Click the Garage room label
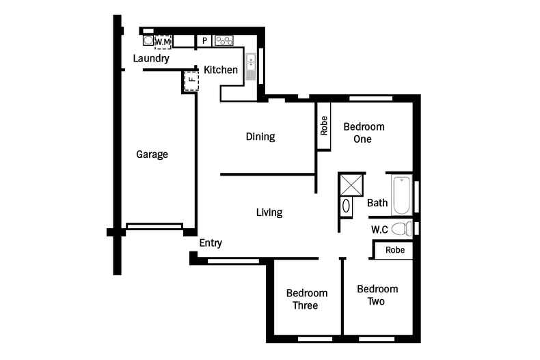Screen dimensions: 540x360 click(x=152, y=154)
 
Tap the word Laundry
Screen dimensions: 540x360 click(x=151, y=58)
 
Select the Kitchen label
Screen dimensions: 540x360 click(x=221, y=70)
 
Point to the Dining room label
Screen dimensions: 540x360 click(x=260, y=137)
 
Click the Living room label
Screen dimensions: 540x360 click(x=269, y=212)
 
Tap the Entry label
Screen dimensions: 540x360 click(x=211, y=243)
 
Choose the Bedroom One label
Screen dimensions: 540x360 click(x=364, y=133)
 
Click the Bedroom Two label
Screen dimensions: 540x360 click(x=377, y=295)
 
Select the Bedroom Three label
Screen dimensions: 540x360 click(x=306, y=299)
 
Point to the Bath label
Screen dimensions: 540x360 click(x=377, y=203)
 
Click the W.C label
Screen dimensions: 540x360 click(x=379, y=230)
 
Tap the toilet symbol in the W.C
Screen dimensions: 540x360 click(x=401, y=229)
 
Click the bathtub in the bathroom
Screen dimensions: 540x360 click(x=401, y=195)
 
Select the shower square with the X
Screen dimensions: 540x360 click(x=351, y=185)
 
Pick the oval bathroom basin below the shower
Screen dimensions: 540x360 click(x=346, y=206)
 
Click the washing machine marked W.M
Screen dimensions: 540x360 click(x=163, y=42)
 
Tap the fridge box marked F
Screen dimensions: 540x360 click(x=191, y=81)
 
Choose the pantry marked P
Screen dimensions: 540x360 click(x=204, y=41)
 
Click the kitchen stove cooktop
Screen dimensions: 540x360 click(x=224, y=41)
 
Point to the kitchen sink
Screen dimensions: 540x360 click(x=251, y=67)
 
